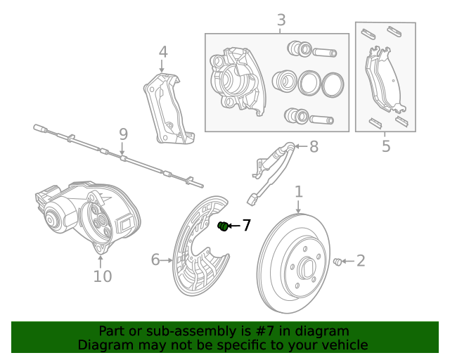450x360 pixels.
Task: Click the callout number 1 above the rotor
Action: click(x=298, y=191)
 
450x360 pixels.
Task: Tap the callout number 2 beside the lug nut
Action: click(x=361, y=262)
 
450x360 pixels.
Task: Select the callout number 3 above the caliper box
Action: click(x=281, y=20)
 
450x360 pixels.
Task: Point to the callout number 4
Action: click(x=163, y=51)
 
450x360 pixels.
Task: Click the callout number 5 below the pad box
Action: click(x=386, y=146)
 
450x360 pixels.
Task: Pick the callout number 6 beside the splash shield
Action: click(x=155, y=260)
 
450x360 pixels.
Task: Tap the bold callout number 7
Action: click(x=246, y=226)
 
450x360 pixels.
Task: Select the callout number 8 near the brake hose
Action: click(x=314, y=146)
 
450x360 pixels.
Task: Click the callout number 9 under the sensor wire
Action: click(x=123, y=134)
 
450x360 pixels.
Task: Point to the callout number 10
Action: click(x=103, y=276)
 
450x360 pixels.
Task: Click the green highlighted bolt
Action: click(x=223, y=226)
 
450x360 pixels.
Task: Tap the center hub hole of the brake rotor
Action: click(x=307, y=269)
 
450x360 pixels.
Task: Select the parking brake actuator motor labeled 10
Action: click(x=84, y=214)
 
